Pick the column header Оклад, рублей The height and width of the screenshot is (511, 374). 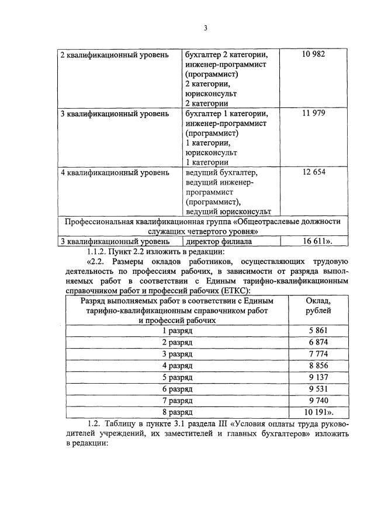318,305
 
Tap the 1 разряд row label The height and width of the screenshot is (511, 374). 177,331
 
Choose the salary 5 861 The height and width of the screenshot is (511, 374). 318,331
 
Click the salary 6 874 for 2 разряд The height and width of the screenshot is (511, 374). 318,342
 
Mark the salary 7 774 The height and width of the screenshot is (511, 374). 318,353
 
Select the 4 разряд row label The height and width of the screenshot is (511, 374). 177,365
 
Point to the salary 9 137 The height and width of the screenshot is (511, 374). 318,377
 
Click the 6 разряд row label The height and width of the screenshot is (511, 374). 177,388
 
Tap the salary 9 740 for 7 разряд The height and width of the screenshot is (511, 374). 318,400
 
